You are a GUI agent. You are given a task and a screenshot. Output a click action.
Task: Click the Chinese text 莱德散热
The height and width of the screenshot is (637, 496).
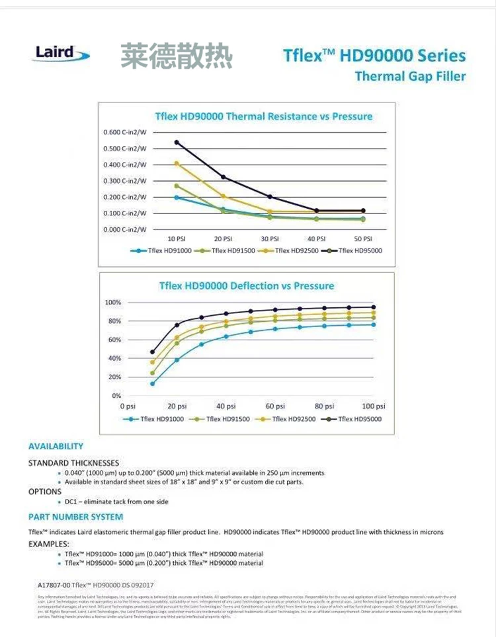coord(176,56)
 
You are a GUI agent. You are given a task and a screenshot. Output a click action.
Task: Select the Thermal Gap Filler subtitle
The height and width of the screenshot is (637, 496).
coord(410,76)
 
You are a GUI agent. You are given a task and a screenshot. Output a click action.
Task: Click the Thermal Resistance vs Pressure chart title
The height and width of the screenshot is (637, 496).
coord(263,116)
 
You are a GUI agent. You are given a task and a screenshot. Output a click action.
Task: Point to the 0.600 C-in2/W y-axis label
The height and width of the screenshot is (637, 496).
coord(125,132)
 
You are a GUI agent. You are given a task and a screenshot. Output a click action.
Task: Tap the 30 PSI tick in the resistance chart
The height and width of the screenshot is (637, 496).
coord(270,238)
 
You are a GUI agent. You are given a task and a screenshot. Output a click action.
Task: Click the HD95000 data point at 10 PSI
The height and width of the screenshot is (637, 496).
coord(177,142)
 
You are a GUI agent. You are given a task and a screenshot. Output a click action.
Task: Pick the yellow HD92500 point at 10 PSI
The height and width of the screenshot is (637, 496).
coord(177,163)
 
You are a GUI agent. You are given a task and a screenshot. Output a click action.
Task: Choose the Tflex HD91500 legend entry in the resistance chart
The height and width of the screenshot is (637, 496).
coord(226,251)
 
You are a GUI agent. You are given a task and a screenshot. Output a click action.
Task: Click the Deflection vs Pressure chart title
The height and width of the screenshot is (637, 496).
coord(247,285)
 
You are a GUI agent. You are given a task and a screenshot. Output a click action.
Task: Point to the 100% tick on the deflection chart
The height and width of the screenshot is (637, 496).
coord(113,302)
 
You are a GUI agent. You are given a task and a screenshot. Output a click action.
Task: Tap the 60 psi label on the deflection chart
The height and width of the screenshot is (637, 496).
coord(275,406)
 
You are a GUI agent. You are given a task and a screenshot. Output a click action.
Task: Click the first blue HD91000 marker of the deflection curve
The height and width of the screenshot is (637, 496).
coord(153,383)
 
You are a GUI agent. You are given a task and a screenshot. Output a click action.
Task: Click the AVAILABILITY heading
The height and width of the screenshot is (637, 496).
coord(56,446)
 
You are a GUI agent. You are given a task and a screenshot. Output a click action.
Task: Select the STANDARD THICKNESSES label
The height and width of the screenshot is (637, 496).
coord(73,463)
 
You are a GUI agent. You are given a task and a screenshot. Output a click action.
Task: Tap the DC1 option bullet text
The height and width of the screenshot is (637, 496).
coord(116,502)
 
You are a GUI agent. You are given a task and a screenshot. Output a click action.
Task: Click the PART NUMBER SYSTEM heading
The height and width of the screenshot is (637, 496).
coord(76,517)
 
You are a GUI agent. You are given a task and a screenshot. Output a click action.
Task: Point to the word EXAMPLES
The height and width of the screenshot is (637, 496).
coord(49,543)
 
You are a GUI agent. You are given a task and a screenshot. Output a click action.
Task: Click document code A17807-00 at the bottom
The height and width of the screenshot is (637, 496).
coord(55,585)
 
